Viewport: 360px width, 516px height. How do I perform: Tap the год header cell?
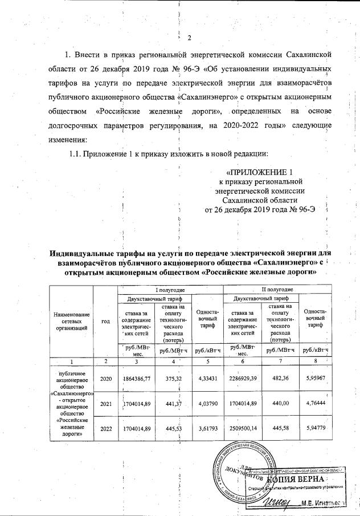(105, 321)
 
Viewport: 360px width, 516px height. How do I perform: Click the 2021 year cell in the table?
(105, 404)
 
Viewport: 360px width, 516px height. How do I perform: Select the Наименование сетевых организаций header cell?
(71, 321)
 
